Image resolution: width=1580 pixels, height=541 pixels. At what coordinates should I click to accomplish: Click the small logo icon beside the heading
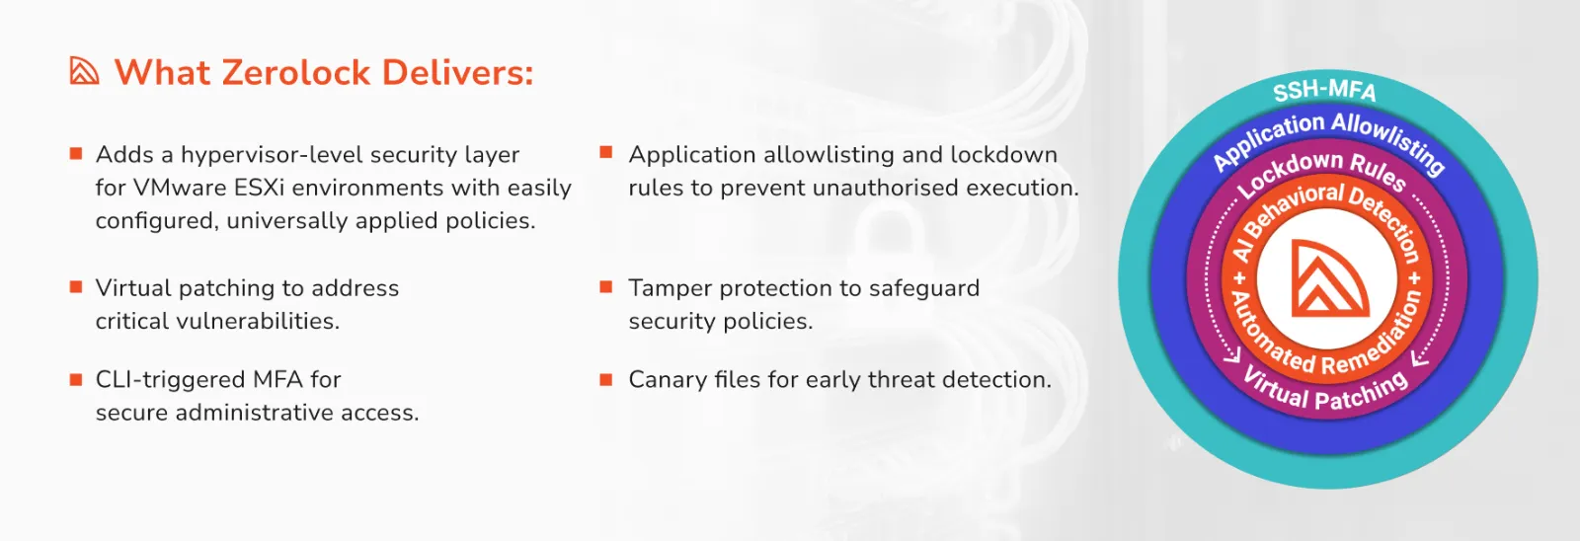point(84,70)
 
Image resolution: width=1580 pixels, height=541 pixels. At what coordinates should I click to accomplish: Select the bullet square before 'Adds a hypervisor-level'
point(76,153)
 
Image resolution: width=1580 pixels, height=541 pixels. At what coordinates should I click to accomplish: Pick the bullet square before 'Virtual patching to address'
point(76,286)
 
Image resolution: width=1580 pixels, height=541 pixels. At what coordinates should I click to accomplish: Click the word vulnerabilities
point(258,321)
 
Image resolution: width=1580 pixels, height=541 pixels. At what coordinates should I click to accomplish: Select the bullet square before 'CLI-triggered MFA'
point(76,380)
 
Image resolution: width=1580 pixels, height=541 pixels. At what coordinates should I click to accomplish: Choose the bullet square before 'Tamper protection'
point(605,286)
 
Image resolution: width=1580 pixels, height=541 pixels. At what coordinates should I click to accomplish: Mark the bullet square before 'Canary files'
point(605,379)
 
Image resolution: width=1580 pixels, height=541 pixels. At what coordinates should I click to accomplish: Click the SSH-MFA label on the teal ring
point(1324,90)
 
